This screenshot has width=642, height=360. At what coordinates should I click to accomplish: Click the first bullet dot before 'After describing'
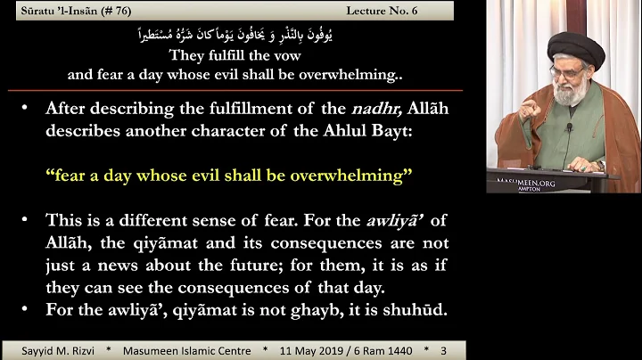31,109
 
